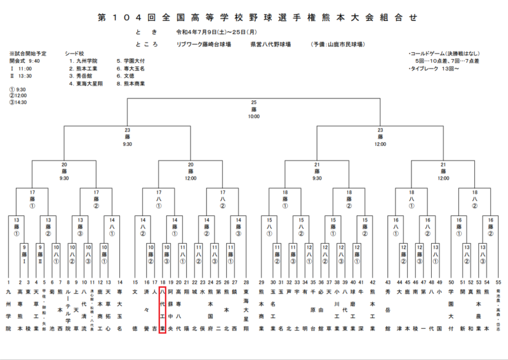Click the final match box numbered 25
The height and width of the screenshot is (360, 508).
[x=253, y=109]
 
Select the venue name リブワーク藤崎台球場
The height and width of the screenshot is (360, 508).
[x=204, y=44]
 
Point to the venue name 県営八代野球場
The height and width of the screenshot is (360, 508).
[x=271, y=44]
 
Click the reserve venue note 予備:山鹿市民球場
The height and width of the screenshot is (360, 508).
[x=337, y=44]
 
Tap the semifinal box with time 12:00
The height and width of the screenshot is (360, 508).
[x=380, y=137]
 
